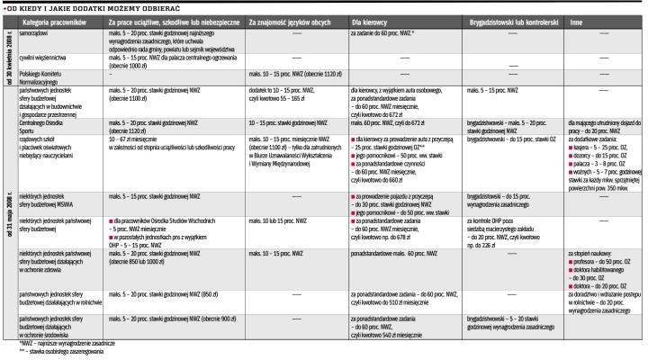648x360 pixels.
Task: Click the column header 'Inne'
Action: (x=579, y=19)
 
